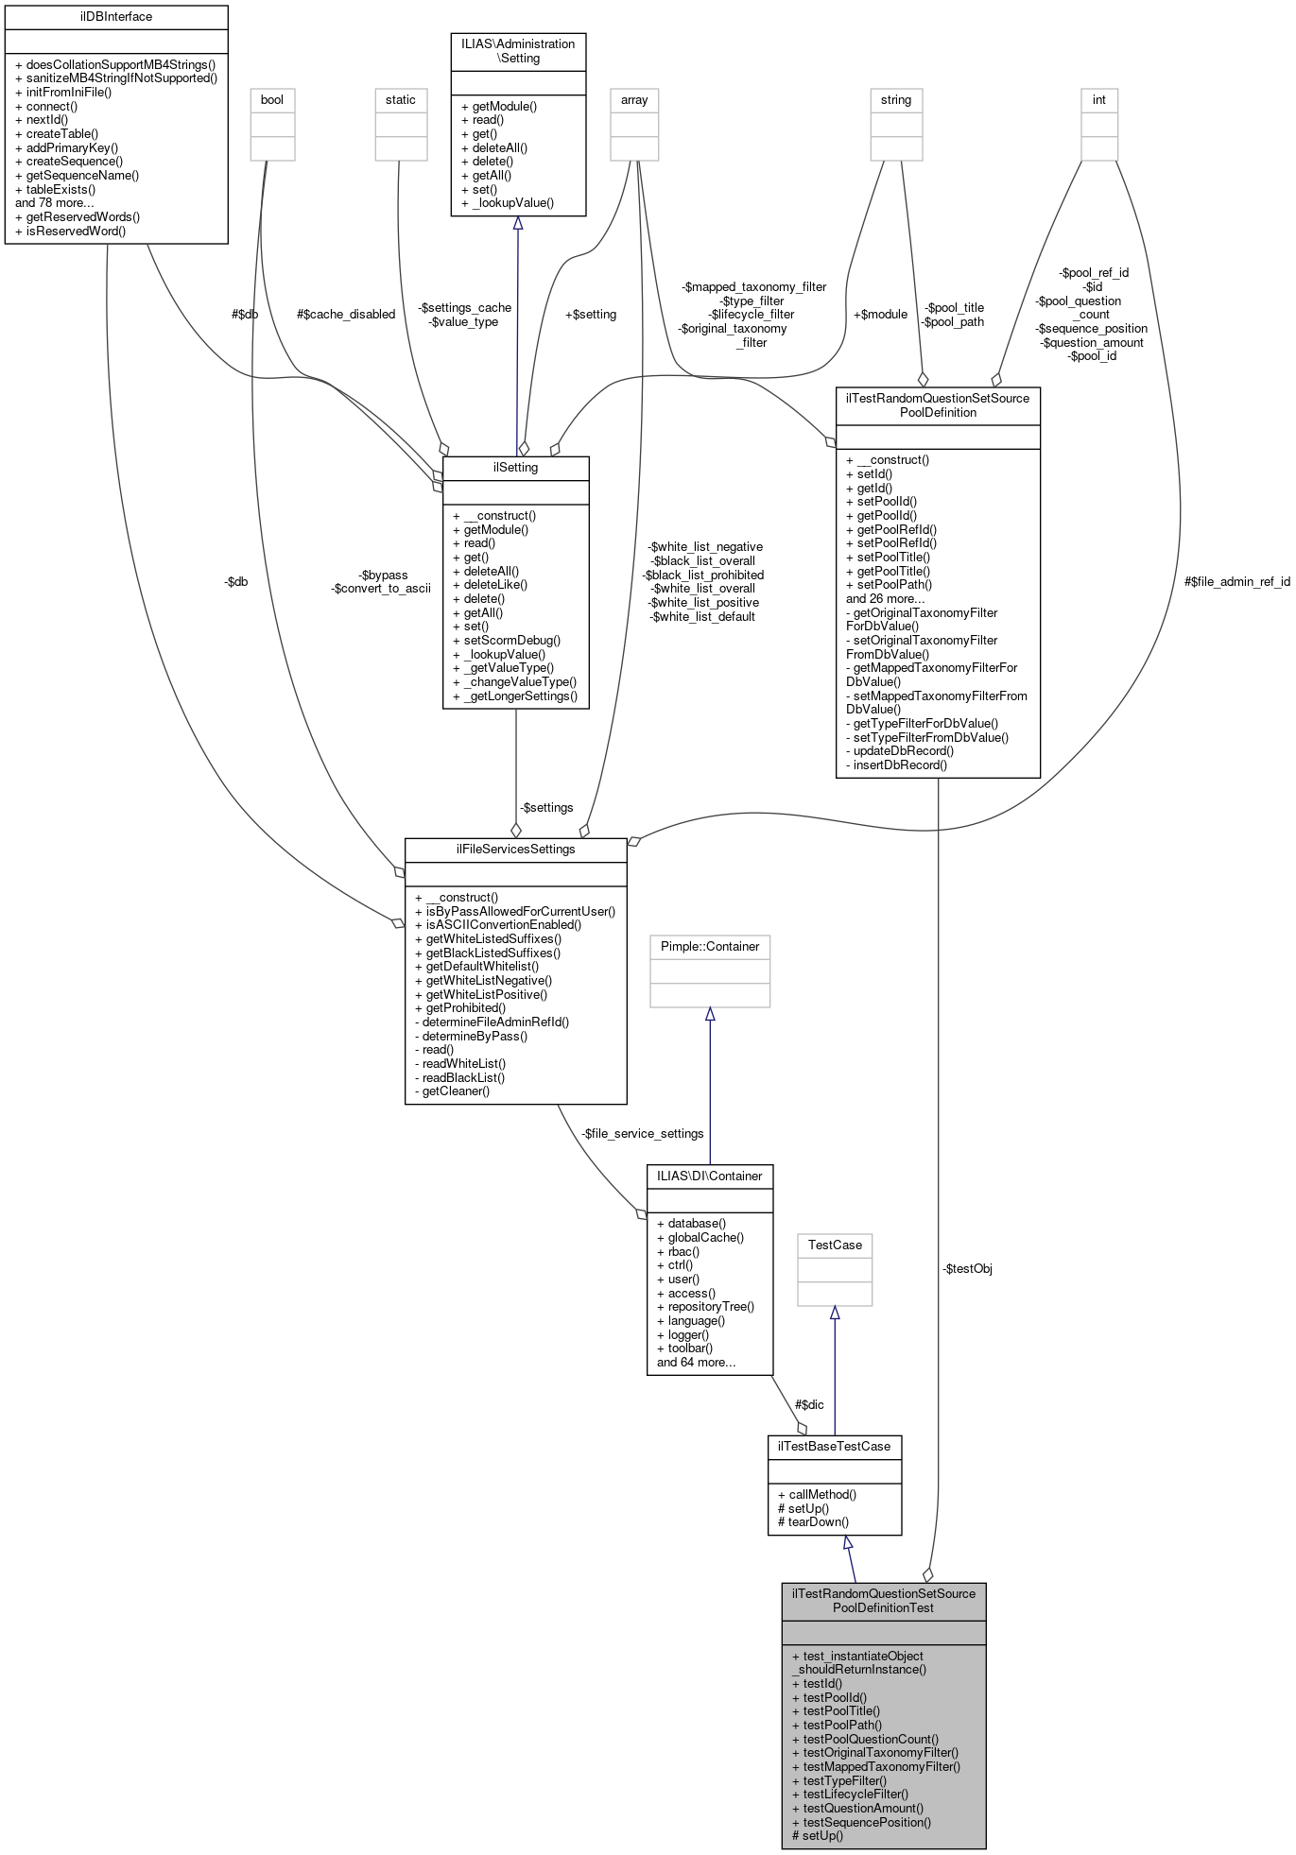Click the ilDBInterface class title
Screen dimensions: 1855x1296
pyautogui.click(x=116, y=16)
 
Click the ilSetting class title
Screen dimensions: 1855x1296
pyautogui.click(x=515, y=467)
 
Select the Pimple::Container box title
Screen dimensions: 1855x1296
pyautogui.click(x=709, y=946)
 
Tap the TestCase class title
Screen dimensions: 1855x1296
pyautogui.click(x=834, y=1245)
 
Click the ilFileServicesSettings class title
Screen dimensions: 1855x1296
pyautogui.click(x=515, y=849)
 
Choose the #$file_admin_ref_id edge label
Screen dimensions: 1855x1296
pyautogui.click(x=1236, y=581)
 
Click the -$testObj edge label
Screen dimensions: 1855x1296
pyautogui.click(x=967, y=1268)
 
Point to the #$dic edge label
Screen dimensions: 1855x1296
pyautogui.click(x=808, y=1404)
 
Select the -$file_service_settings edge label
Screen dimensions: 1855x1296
pyautogui.click(x=642, y=1133)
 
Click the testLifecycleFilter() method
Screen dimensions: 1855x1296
pyautogui.click(x=855, y=1794)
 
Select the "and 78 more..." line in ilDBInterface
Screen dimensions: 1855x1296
pyautogui.click(x=55, y=202)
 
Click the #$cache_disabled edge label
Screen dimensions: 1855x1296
pyautogui.click(x=345, y=314)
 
